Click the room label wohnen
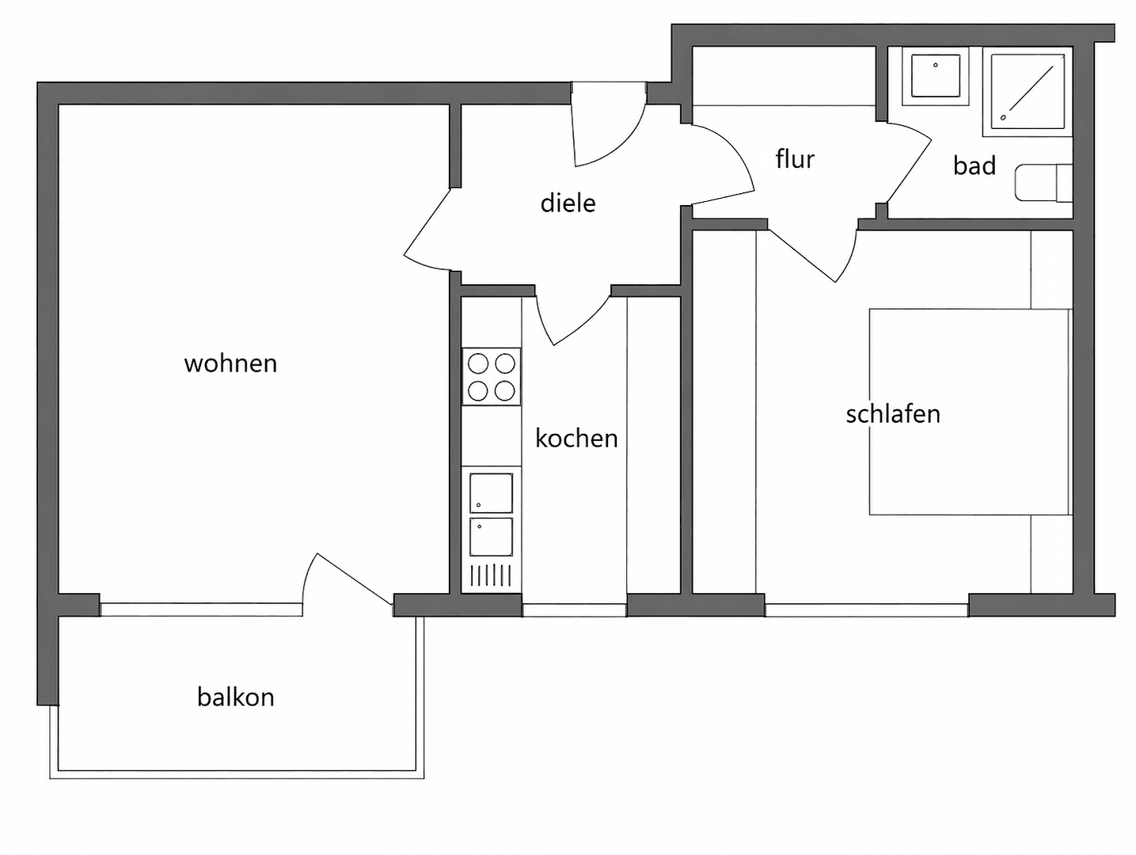pos(230,363)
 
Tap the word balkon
pos(235,697)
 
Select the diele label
pos(568,203)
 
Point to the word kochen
pos(576,438)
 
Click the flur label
pos(795,159)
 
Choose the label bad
pos(974,165)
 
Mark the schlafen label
pos(892,414)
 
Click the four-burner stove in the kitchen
pos(492,377)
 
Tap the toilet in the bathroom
pos(1043,184)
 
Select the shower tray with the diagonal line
pos(1028,91)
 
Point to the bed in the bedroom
pos(969,412)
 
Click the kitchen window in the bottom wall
pos(574,610)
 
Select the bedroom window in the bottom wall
pos(866,610)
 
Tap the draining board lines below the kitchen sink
pos(491,576)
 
